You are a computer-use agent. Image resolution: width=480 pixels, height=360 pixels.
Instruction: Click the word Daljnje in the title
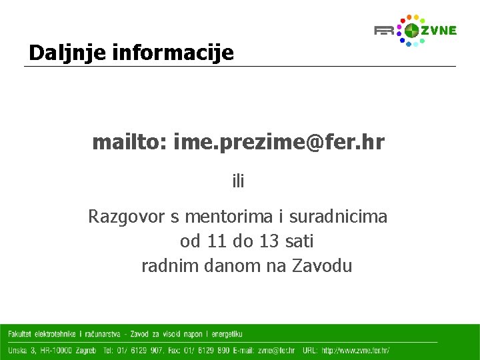click(57, 53)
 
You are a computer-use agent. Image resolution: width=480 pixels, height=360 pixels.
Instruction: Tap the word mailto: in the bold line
click(129, 142)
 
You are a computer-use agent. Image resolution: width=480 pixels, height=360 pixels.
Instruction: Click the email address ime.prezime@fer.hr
click(279, 142)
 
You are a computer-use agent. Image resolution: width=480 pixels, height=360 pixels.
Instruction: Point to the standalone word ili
click(238, 181)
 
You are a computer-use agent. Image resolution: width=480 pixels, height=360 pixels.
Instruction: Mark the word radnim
click(167, 266)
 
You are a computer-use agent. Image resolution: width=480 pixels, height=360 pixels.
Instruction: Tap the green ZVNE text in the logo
click(439, 30)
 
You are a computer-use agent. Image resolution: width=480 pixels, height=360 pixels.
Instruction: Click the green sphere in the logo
click(412, 31)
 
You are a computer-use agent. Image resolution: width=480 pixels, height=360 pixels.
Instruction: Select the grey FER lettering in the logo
click(385, 31)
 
